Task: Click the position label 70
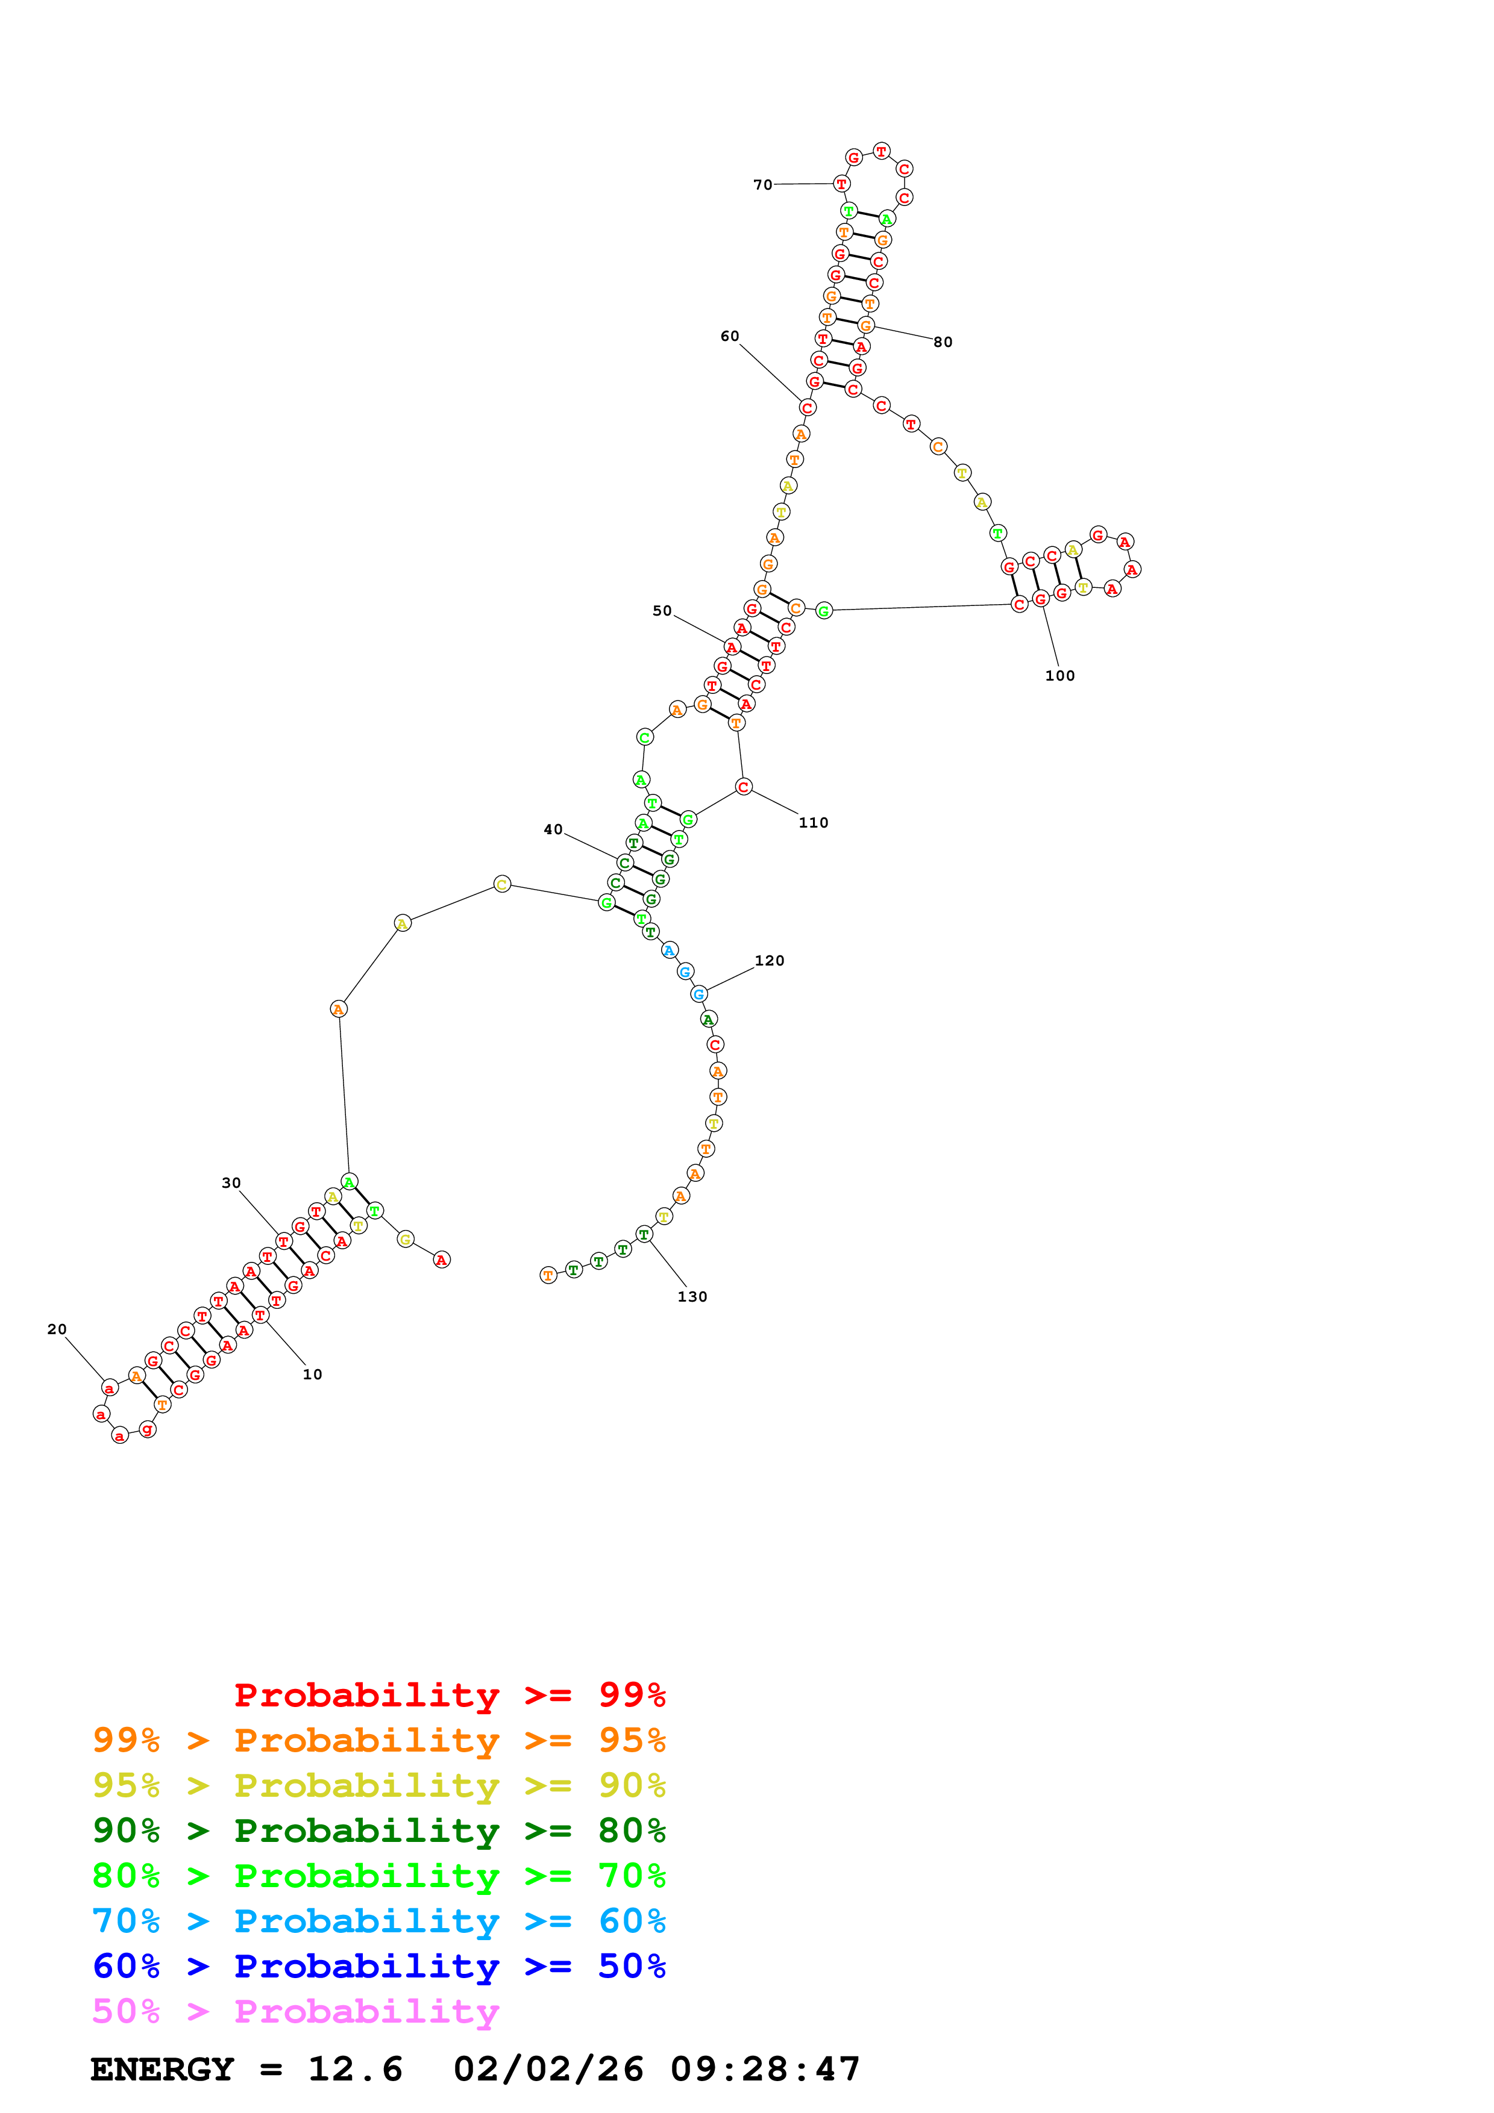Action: click(x=762, y=185)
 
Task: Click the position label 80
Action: click(x=943, y=342)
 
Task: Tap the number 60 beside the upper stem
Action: click(x=729, y=337)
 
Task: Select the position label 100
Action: click(x=1059, y=675)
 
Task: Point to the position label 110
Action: click(x=813, y=823)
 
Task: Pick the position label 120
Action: click(x=770, y=961)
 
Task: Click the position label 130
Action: click(x=692, y=1297)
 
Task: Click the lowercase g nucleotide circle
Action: click(x=147, y=1429)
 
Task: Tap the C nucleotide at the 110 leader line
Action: click(x=744, y=787)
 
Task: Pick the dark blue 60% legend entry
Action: click(x=378, y=1966)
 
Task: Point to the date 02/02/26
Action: click(x=548, y=2069)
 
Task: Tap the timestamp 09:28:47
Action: click(x=765, y=2069)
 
